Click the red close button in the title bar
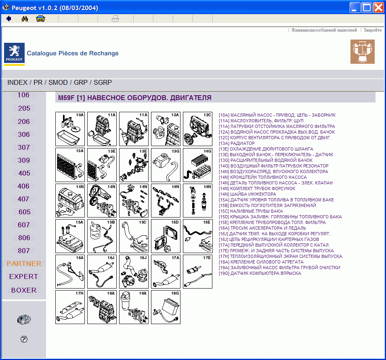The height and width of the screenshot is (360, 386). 378,8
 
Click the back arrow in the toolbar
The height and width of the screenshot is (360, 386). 8,19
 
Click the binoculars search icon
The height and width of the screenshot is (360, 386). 24,19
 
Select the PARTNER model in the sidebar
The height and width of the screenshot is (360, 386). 24,264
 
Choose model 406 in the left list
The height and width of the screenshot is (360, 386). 24,186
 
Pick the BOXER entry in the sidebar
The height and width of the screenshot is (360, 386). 24,290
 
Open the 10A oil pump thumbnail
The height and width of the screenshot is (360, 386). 70,129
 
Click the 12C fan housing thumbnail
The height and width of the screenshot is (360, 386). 197,129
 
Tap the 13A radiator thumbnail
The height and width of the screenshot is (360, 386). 70,165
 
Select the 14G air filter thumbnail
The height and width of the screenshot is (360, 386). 197,165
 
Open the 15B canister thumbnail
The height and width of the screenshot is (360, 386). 102,236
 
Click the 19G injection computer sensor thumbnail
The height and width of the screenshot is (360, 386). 166,307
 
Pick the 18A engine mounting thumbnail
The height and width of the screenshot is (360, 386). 102,307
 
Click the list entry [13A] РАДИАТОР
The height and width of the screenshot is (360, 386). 237,143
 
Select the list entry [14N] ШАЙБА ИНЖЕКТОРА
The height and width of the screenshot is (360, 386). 248,194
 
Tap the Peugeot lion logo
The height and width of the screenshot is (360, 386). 14,53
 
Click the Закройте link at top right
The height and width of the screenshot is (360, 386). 372,30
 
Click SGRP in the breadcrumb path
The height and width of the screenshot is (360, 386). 103,82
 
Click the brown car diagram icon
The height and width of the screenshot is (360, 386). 362,52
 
